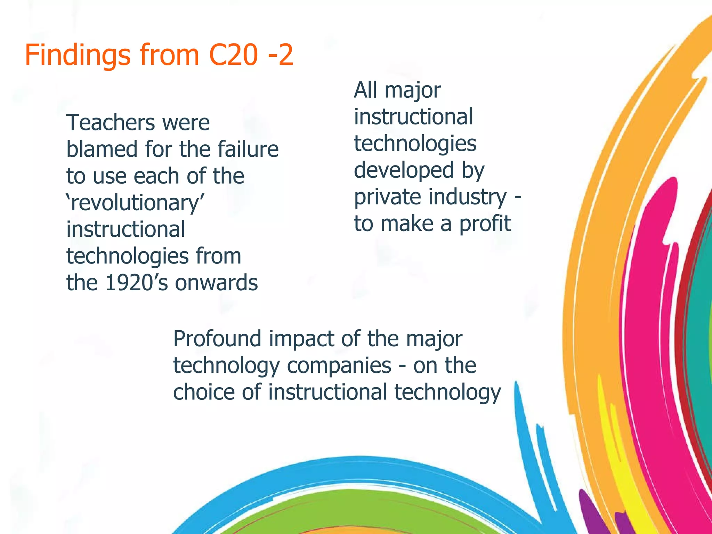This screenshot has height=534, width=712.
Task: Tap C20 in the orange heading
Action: (x=234, y=55)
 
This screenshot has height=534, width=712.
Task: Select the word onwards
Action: (x=216, y=283)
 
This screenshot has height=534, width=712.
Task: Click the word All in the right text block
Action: (x=366, y=90)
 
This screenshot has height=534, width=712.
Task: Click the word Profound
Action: (x=217, y=339)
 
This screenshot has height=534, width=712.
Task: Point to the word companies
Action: (x=339, y=366)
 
